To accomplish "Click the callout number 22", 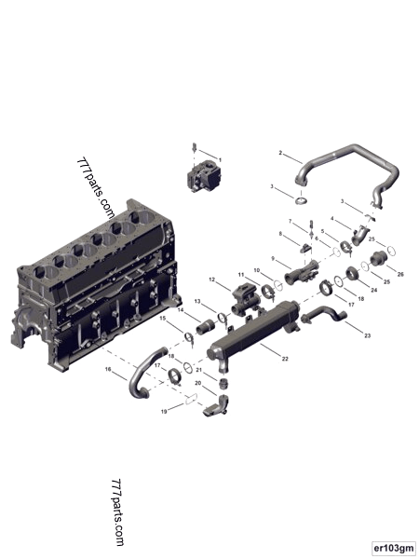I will (284, 361).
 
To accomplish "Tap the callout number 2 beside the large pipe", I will (280, 152).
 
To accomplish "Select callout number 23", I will (367, 334).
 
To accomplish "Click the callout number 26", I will (401, 275).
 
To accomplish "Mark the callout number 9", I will (273, 258).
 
